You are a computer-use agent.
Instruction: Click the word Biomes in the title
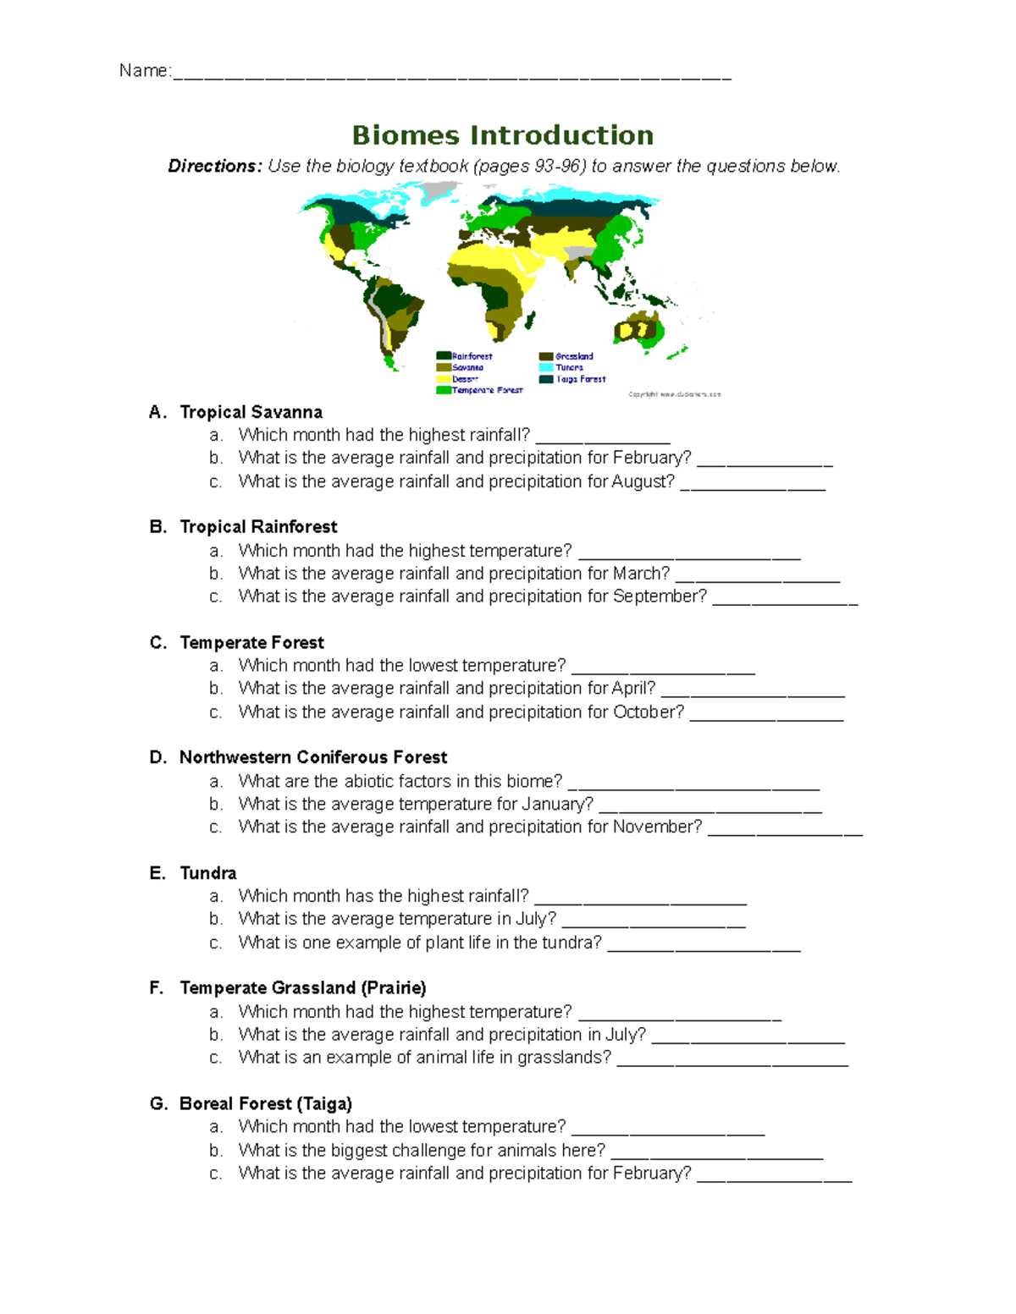tap(406, 135)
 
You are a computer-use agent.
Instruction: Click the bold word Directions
tap(214, 166)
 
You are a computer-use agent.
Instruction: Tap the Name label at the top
tap(144, 71)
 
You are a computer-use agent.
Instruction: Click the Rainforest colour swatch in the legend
tap(443, 356)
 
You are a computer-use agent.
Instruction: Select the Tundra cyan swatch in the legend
tap(546, 367)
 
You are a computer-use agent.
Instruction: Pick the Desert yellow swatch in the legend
tap(443, 379)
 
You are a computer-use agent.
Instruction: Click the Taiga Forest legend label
tap(581, 379)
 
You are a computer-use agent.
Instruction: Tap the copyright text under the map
tap(674, 394)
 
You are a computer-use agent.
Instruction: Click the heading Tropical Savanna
tap(251, 412)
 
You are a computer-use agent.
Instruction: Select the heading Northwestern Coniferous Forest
tap(312, 757)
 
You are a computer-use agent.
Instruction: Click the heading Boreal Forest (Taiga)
tap(265, 1103)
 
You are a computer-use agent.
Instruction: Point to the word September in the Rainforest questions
tap(660, 597)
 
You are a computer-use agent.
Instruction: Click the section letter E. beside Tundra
tap(157, 873)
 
